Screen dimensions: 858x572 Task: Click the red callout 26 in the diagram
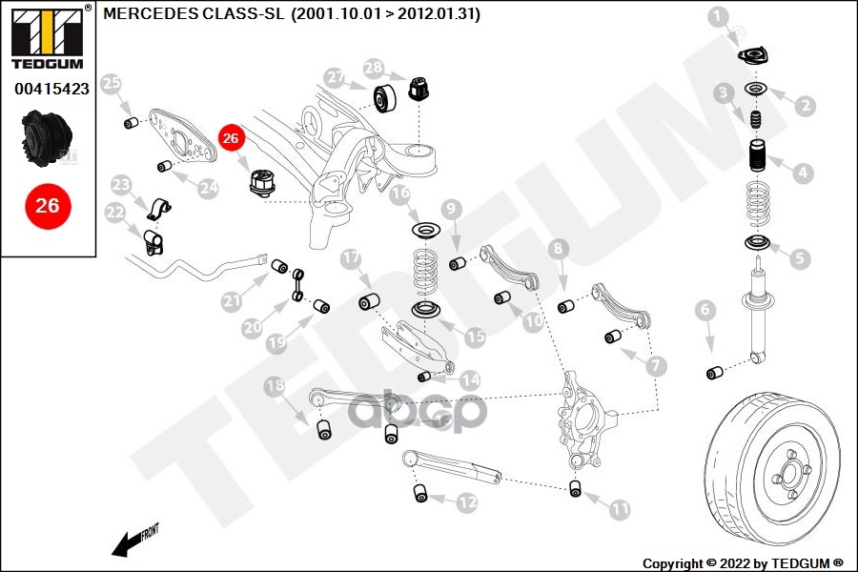[x=232, y=138]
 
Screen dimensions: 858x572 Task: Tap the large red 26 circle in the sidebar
[x=48, y=205]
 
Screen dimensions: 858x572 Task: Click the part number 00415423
[x=51, y=89]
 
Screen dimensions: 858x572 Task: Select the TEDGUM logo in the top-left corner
[x=47, y=36]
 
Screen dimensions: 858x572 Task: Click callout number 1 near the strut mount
[x=719, y=15]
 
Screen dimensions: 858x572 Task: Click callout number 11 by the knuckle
[x=620, y=510]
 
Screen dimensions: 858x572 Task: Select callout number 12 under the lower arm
[x=466, y=501]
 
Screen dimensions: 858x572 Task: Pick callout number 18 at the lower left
[x=275, y=386]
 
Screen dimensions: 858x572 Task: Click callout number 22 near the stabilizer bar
[x=114, y=212]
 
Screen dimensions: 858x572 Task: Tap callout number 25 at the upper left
[x=112, y=83]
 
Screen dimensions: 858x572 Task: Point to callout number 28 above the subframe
[x=373, y=68]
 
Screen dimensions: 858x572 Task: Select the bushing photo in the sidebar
[x=47, y=139]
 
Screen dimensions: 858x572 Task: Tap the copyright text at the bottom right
[x=743, y=562]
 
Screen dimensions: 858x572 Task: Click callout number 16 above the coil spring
[x=400, y=194]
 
